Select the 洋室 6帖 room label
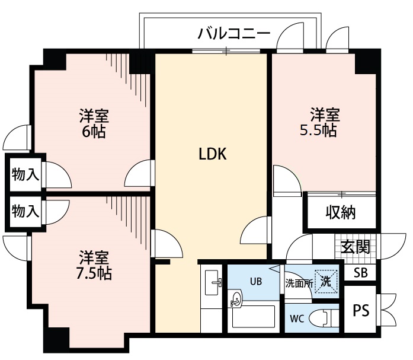point(93,123)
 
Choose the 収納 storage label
point(340,213)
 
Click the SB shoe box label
point(360,273)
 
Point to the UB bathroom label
point(255,281)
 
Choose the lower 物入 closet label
point(25,211)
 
